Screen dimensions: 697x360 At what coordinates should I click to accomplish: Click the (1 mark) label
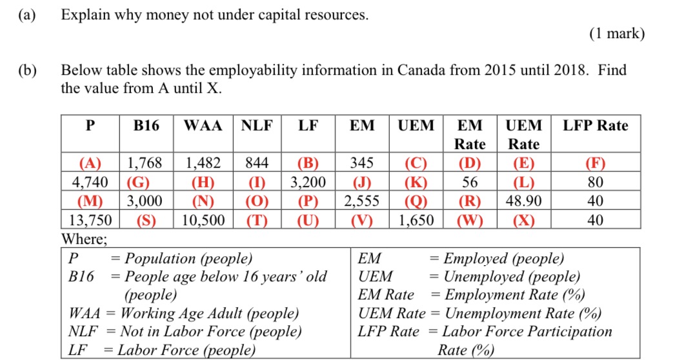[x=616, y=34]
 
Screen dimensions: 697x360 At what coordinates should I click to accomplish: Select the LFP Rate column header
[x=595, y=126]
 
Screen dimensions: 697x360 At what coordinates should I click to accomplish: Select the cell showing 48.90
[x=523, y=201]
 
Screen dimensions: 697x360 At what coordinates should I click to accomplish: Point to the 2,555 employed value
[x=361, y=201]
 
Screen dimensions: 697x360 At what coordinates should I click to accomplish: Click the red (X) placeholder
[x=523, y=220]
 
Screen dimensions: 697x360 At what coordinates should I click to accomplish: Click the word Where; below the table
[x=84, y=238]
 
